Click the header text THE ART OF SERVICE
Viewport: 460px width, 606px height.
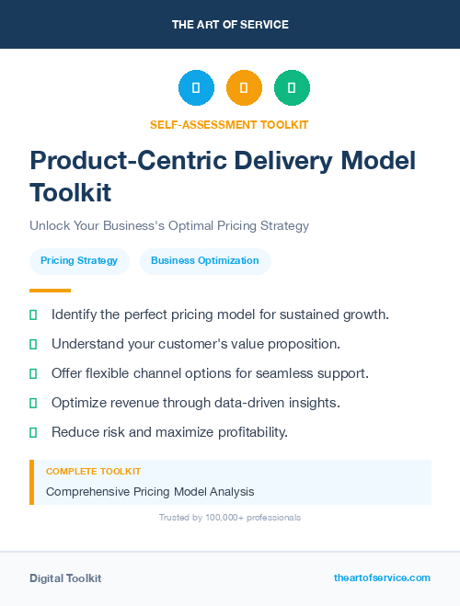(x=230, y=25)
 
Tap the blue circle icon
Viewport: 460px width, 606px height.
(x=196, y=88)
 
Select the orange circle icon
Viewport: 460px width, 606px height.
(x=244, y=88)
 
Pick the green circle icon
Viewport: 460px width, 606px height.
(x=292, y=88)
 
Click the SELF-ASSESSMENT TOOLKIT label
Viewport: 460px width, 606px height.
(x=229, y=124)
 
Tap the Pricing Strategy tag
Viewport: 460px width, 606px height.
(x=79, y=261)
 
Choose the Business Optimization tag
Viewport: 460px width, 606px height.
(x=205, y=261)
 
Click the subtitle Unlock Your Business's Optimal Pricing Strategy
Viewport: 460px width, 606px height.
(x=169, y=225)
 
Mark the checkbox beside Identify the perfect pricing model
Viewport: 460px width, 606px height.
(x=33, y=315)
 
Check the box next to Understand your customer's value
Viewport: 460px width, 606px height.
(x=33, y=345)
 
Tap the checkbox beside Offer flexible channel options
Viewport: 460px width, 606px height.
(x=33, y=374)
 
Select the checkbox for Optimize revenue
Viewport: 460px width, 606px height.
(x=33, y=404)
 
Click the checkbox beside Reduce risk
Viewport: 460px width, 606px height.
(x=33, y=432)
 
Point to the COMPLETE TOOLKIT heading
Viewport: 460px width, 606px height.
(x=94, y=472)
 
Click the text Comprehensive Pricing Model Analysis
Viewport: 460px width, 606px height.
(x=150, y=492)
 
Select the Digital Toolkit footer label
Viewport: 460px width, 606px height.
(x=65, y=578)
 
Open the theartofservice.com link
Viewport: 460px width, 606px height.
(x=382, y=577)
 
